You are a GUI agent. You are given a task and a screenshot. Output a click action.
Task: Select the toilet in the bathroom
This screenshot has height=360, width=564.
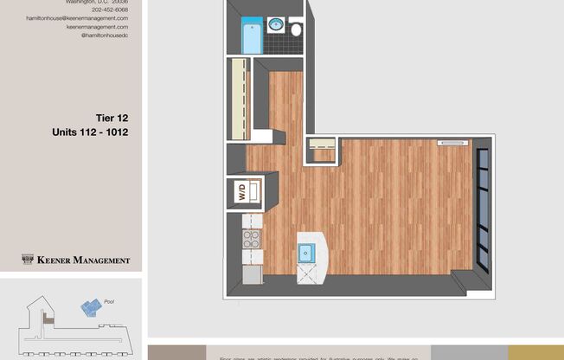pos(296,29)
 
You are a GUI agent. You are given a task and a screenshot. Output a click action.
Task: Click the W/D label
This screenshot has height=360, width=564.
pos(242,191)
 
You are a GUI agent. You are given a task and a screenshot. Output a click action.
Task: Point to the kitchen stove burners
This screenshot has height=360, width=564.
pos(251,238)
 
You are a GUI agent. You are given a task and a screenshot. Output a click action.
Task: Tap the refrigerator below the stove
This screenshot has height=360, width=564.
pos(251,274)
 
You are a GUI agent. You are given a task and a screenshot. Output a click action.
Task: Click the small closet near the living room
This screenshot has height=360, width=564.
pos(321,150)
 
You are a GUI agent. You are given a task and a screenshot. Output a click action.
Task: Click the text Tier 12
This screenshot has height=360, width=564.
pos(112,118)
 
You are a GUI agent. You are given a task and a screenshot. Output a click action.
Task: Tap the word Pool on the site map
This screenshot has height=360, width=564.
pos(109,302)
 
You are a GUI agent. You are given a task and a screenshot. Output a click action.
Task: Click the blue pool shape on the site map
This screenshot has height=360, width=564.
pos(90,306)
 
